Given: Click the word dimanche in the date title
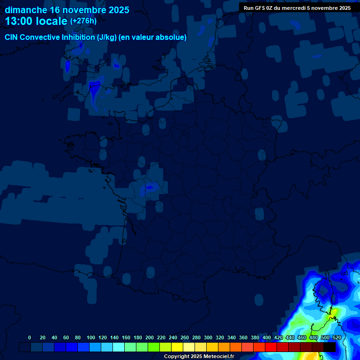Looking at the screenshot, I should coord(26,10).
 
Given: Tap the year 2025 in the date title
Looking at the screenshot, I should coord(115,10).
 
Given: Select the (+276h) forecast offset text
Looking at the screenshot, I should coord(83,21).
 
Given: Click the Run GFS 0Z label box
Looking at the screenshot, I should coord(297,8).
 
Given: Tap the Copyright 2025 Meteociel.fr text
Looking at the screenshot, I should coord(199,357).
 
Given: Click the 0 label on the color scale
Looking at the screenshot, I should coord(30,337).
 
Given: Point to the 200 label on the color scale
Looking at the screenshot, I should coord(150,337).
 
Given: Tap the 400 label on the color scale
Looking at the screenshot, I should coord(267,337).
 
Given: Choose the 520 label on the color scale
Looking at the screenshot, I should coord(337,337).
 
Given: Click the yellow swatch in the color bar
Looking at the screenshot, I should coord(177,347).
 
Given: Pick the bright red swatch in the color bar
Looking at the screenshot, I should coord(271,347).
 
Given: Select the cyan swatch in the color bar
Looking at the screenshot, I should coord(119,347).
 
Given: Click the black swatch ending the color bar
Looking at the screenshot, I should coord(330,347).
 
